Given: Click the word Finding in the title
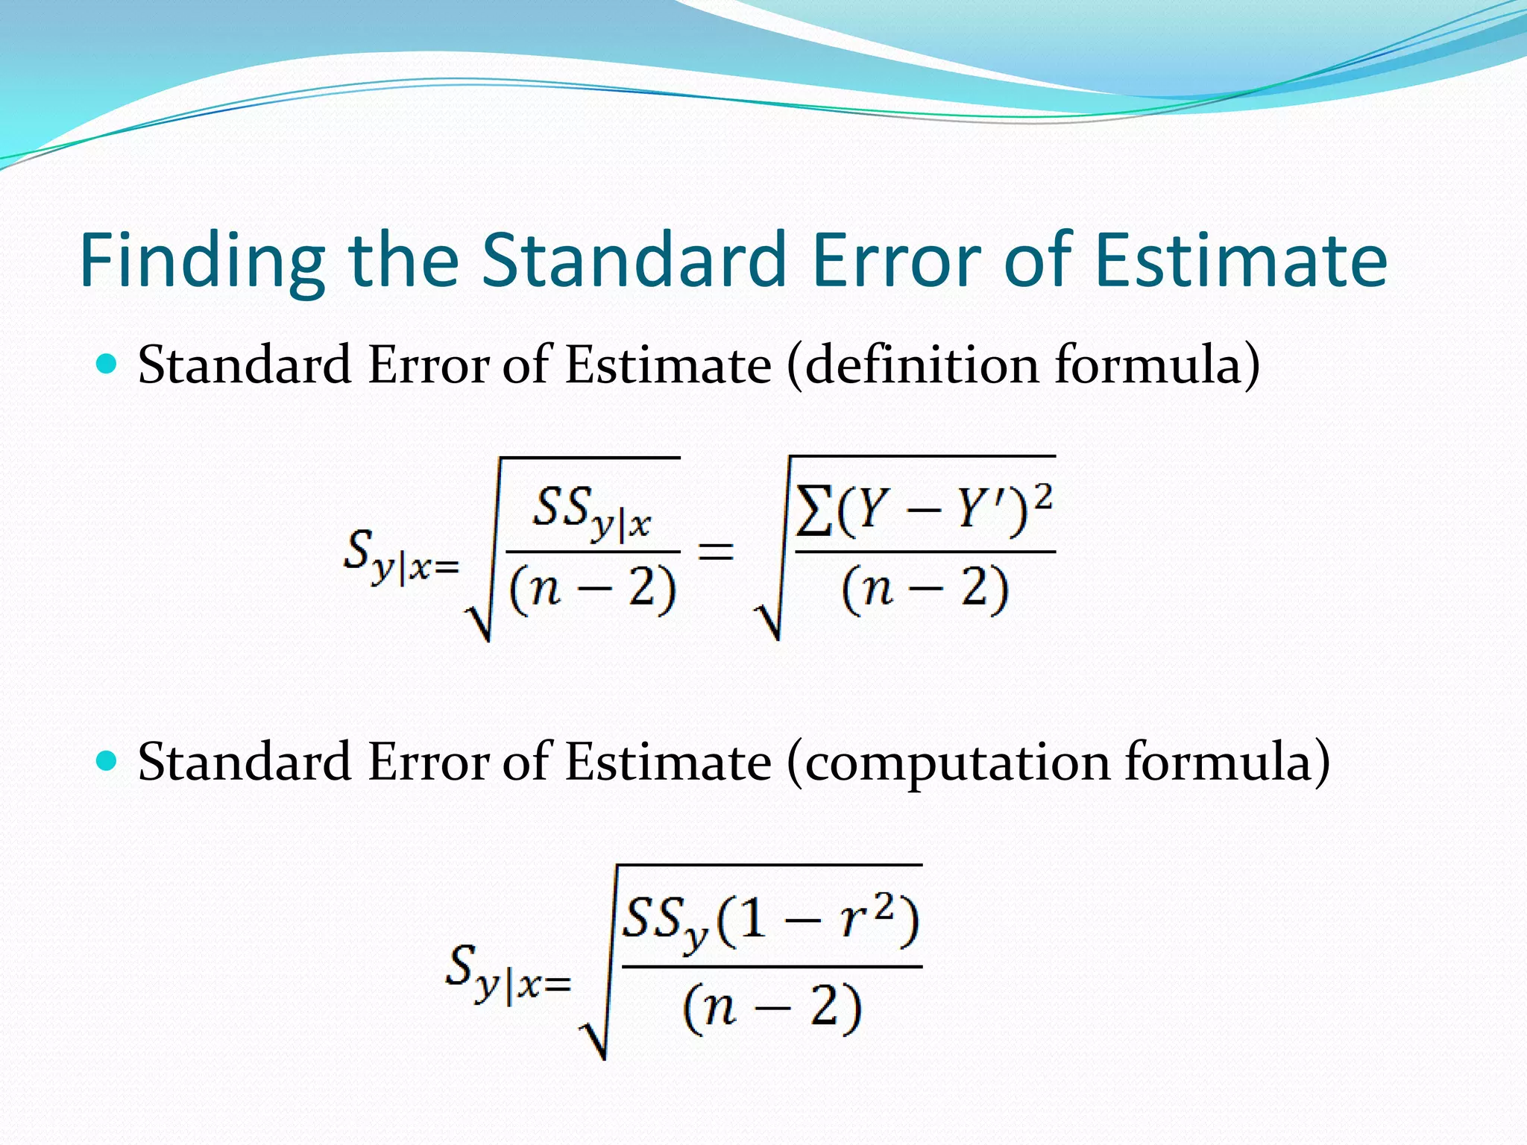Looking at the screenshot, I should [202, 261].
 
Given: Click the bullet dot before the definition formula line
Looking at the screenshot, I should [108, 365].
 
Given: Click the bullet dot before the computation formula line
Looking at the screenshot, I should [108, 761].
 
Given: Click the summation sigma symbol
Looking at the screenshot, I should [813, 511].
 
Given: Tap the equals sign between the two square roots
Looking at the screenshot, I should [715, 552].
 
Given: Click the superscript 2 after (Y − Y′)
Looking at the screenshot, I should [1043, 495].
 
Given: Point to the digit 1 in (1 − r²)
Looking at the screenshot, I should [753, 919].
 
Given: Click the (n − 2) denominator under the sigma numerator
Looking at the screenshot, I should [925, 589].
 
